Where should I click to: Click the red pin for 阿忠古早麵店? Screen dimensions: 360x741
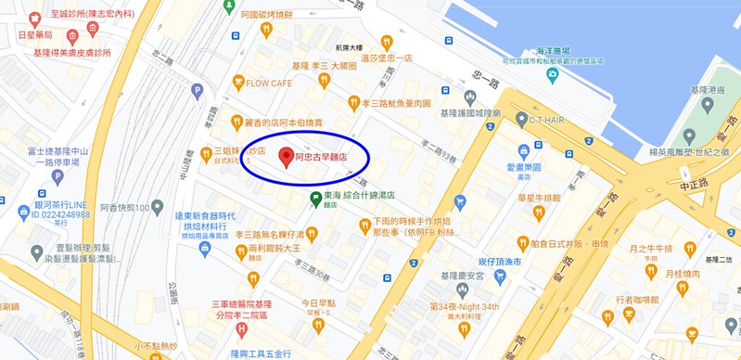286,156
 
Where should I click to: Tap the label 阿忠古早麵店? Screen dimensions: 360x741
321,159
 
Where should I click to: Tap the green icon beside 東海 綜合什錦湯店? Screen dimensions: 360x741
315,197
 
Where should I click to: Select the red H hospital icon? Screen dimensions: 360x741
242,328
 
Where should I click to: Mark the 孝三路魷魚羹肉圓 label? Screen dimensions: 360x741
396,104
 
